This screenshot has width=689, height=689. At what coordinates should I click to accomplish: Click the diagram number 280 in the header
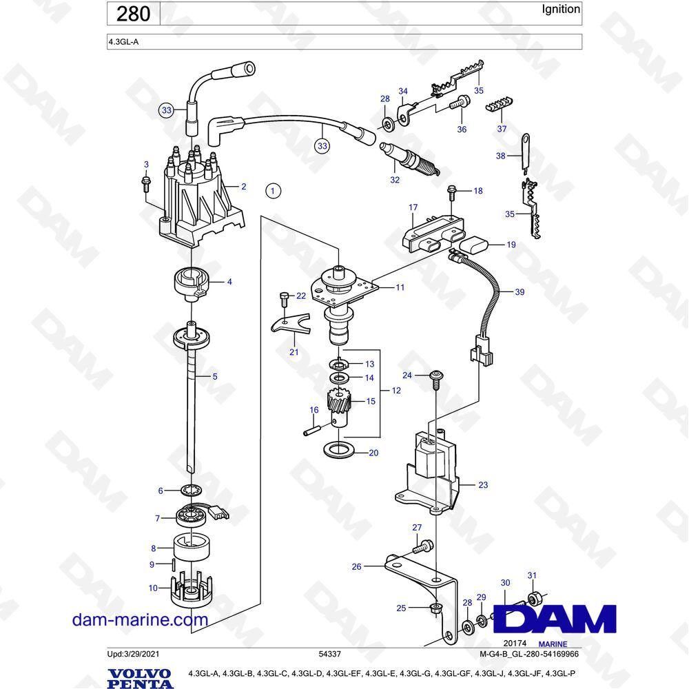point(133,14)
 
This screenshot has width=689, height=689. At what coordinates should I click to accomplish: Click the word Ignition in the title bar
point(561,10)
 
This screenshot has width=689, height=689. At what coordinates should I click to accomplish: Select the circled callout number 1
point(274,191)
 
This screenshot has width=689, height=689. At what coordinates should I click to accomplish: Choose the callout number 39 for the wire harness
point(520,292)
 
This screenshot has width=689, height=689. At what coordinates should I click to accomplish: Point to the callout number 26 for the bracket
point(356,567)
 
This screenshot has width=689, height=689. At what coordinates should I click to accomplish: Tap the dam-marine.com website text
point(140,619)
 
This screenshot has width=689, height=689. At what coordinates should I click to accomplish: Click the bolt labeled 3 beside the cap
point(146,183)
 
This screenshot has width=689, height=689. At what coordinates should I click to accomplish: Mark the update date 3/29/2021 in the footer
point(145,653)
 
